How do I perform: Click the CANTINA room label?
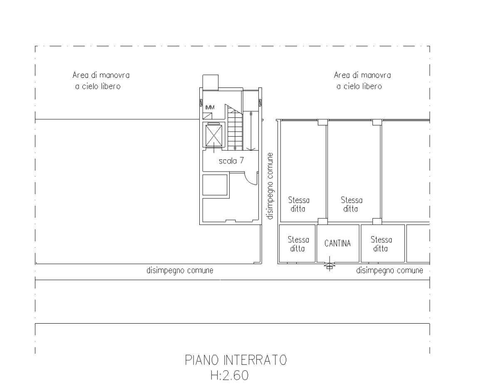(x=337, y=243)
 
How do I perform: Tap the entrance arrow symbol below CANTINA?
(x=330, y=265)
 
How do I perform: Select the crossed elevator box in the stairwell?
(x=213, y=136)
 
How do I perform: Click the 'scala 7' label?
(x=231, y=161)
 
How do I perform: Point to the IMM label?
(x=210, y=107)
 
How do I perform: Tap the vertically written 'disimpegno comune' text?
(x=270, y=186)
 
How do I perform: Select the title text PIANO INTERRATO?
(x=236, y=360)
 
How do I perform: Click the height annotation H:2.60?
(x=229, y=375)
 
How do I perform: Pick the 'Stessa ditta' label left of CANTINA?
(x=298, y=244)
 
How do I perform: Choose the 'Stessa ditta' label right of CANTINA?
(x=381, y=244)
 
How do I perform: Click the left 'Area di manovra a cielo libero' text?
(x=101, y=80)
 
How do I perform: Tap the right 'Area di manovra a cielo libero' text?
(x=362, y=80)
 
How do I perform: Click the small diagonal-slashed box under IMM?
(x=207, y=116)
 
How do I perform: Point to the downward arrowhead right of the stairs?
(x=250, y=149)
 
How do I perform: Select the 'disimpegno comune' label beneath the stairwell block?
(x=180, y=270)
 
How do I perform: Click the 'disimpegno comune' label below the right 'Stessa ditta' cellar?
(x=389, y=270)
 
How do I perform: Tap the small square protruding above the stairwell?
(x=210, y=82)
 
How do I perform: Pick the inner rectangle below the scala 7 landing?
(x=215, y=185)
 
